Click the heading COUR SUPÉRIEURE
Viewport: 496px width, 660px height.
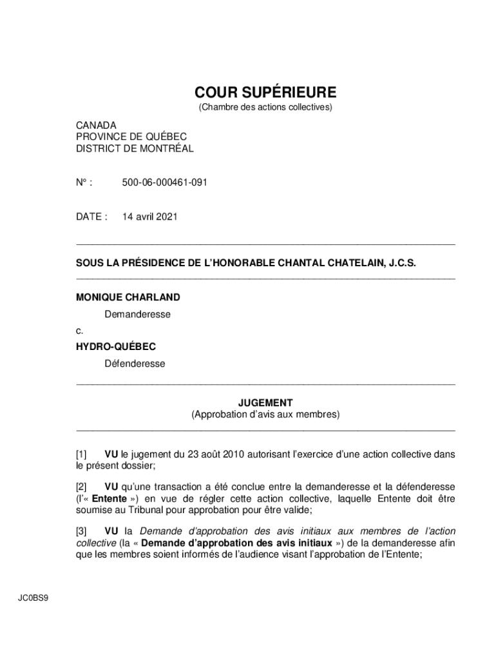coord(265,92)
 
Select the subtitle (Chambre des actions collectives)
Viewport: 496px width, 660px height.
coord(265,107)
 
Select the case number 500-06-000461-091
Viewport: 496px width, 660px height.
coord(165,183)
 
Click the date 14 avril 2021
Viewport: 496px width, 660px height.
coord(149,217)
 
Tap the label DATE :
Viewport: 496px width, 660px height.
coord(91,217)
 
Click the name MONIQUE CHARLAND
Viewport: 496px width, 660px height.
coord(128,297)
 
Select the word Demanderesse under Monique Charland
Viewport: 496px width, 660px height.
coord(138,315)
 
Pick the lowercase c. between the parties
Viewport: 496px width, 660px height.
coord(79,331)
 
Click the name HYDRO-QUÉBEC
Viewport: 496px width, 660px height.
coord(116,347)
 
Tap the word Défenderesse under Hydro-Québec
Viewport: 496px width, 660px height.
coord(135,364)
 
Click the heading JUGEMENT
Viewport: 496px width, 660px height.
coord(265,403)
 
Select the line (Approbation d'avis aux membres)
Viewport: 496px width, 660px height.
coord(265,414)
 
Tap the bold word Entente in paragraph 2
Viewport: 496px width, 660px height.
coord(109,498)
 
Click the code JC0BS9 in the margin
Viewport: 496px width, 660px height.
coord(33,597)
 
